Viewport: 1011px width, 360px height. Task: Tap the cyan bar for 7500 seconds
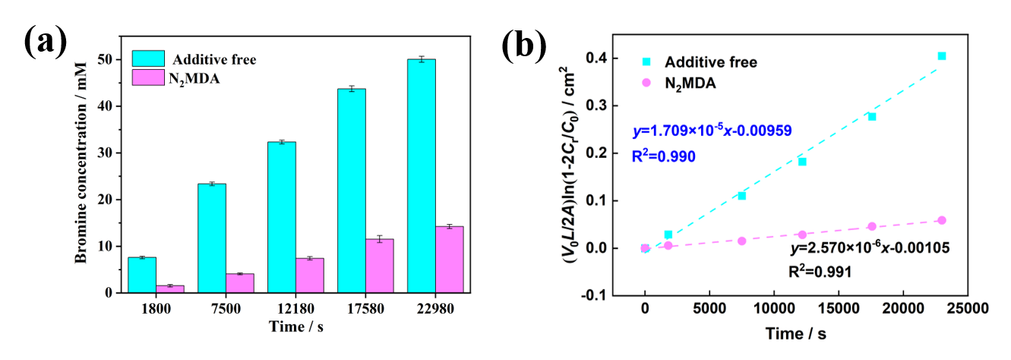[x=211, y=238]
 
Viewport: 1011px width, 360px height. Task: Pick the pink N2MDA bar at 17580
[x=379, y=266]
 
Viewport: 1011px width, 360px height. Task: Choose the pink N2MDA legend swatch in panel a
[x=149, y=77]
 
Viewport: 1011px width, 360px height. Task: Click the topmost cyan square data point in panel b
[x=942, y=56]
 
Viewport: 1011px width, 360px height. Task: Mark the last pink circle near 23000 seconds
[x=942, y=220]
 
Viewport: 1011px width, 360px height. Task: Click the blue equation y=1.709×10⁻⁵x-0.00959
[x=712, y=131]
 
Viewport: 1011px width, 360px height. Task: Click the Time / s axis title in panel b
[x=795, y=334]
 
